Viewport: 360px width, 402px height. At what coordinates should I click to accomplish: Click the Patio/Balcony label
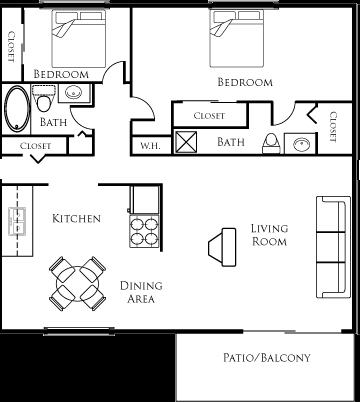(267, 358)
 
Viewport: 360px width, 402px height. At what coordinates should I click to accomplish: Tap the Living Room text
(269, 235)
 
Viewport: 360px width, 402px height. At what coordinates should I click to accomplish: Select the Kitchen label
(76, 218)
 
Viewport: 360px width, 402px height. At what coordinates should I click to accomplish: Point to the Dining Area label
(142, 291)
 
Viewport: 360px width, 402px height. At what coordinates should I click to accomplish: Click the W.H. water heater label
(151, 145)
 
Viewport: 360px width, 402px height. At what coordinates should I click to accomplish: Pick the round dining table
(78, 284)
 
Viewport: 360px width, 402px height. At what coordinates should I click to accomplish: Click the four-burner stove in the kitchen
(145, 232)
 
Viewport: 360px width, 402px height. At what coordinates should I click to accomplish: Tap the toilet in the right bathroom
(271, 142)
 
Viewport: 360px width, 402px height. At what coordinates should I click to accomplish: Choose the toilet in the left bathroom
(43, 100)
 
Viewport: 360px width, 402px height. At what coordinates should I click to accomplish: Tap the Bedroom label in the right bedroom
(243, 83)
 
